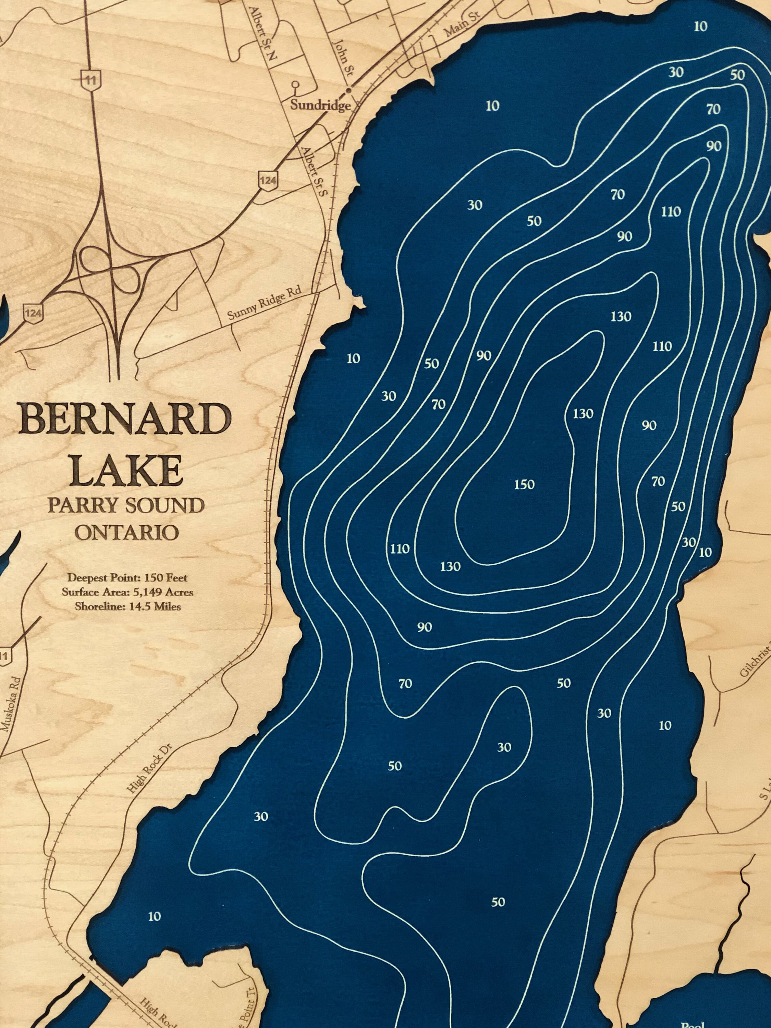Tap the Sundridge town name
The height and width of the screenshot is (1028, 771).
coord(320,105)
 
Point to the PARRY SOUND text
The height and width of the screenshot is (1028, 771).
coord(126,506)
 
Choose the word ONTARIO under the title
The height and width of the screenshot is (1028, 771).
coord(126,533)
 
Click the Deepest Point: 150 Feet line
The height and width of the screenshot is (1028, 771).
coord(127,578)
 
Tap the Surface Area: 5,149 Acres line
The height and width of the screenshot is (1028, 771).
coord(127,592)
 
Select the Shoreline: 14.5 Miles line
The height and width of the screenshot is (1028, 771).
coord(127,607)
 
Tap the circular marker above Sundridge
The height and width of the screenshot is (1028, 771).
coord(295,85)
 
